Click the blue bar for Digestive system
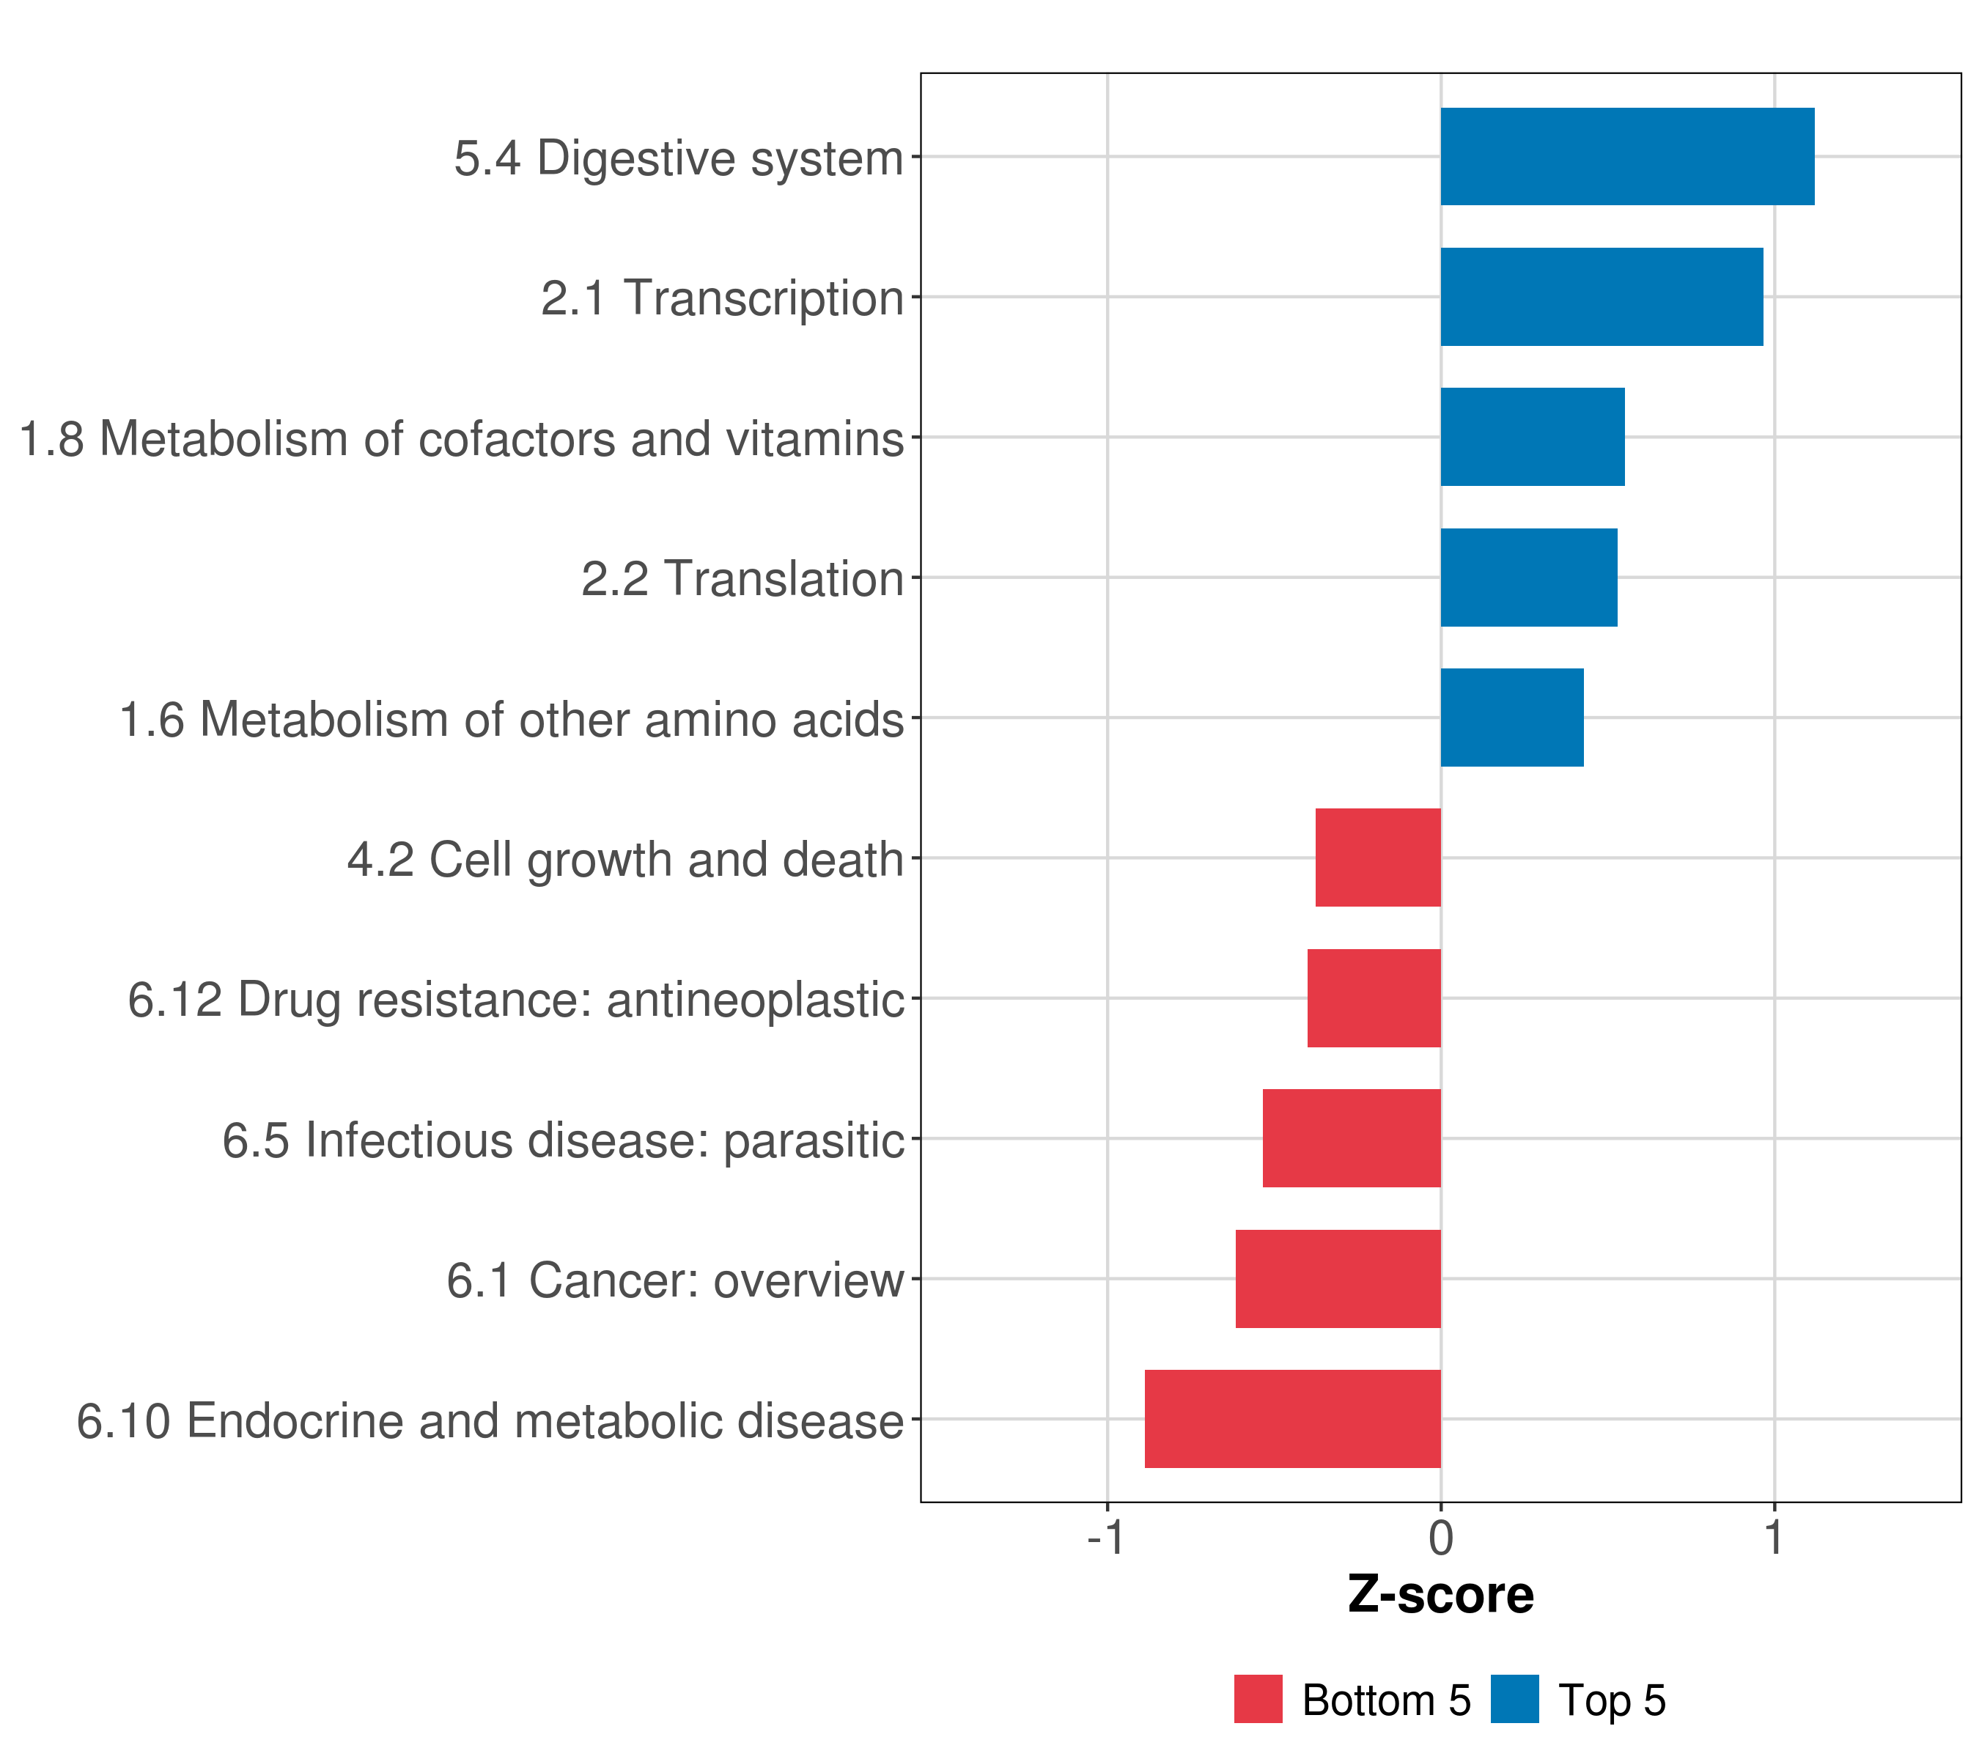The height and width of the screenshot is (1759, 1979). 1626,157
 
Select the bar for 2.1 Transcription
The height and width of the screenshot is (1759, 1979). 1602,298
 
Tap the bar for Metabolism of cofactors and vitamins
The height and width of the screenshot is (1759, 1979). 1533,437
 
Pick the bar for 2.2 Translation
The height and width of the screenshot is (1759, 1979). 1529,578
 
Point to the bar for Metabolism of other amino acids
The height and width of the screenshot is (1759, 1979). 1512,718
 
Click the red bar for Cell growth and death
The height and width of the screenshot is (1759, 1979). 1378,858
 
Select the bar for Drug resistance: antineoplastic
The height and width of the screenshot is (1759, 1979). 1374,998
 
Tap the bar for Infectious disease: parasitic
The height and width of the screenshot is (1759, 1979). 1352,1138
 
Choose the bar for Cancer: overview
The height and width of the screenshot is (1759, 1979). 1338,1279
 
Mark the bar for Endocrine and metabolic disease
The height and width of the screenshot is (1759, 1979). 1292,1419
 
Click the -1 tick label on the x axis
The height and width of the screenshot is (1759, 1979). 1106,1538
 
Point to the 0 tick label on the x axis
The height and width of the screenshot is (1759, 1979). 1441,1538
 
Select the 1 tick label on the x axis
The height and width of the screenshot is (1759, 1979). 1774,1538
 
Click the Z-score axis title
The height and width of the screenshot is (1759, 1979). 1441,1596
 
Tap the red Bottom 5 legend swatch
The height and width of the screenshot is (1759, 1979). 1258,1699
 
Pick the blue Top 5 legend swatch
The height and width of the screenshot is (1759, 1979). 1514,1699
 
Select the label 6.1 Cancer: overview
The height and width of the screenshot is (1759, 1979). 675,1280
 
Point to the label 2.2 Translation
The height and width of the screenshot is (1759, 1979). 742,580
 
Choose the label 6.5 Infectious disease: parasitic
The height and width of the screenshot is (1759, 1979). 562,1140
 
